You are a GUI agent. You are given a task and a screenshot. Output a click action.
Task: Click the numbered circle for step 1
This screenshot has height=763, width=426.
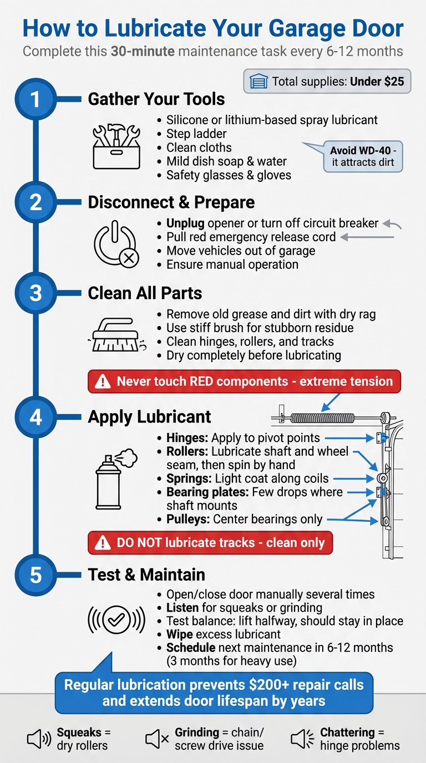(x=35, y=100)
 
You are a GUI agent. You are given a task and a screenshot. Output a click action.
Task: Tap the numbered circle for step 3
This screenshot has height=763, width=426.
(x=35, y=293)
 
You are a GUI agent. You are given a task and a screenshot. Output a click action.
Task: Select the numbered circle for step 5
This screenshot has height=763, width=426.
(x=35, y=574)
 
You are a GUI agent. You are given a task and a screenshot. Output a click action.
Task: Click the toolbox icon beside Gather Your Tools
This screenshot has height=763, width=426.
(x=116, y=145)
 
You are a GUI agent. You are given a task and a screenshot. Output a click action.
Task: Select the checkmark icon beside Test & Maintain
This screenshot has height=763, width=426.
(x=116, y=619)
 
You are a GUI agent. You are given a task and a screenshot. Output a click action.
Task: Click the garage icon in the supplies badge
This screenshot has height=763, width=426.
(x=258, y=82)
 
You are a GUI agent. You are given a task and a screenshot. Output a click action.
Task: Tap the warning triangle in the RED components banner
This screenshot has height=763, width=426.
(x=103, y=382)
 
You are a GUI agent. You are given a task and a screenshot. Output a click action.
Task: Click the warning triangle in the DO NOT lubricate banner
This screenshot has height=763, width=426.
(x=103, y=543)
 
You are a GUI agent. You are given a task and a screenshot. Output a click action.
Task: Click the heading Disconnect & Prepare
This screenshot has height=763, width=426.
(x=171, y=202)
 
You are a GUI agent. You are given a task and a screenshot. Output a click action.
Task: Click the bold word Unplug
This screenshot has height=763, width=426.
(x=185, y=223)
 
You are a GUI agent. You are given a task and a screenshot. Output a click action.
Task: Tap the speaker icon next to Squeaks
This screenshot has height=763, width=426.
(x=39, y=739)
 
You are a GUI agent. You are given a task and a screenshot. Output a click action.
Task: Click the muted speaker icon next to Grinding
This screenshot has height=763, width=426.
(x=157, y=739)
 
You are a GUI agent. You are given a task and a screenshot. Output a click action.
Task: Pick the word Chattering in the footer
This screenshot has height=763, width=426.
(x=347, y=732)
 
